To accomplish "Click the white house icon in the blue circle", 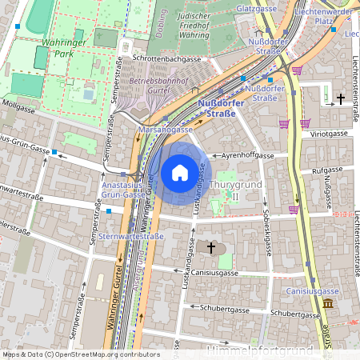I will coord(180,172).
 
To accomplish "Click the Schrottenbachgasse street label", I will coord(166,59).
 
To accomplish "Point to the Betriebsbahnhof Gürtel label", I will coord(158,86).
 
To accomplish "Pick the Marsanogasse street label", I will coord(166,129).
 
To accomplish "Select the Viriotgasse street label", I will coord(330,134).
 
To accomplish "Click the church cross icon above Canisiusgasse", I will coord(211,248).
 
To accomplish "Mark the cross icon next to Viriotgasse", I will coord(341,98).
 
